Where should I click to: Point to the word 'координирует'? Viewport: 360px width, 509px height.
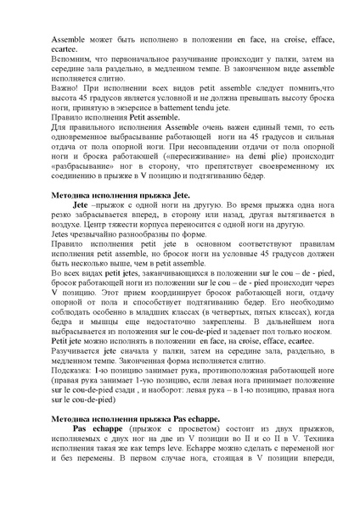(167, 288)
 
